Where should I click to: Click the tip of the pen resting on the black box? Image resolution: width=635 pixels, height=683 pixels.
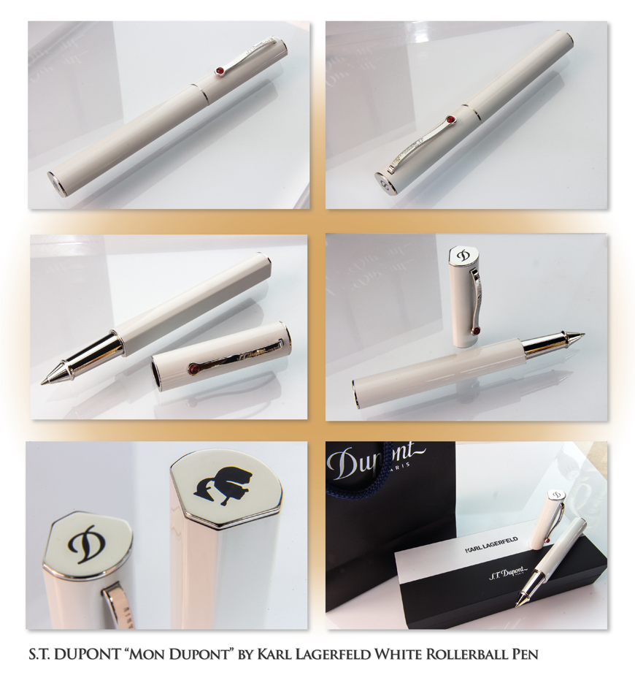pos(517,605)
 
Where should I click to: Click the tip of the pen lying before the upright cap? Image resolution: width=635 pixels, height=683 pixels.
pos(582,336)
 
